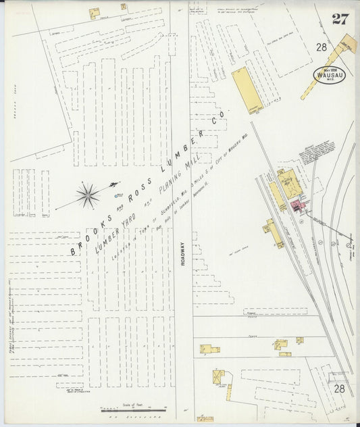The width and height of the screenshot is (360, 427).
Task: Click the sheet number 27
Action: (340, 18)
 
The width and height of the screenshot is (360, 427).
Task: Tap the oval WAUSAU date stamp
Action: (329, 74)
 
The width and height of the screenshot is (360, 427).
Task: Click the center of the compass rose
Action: (87, 195)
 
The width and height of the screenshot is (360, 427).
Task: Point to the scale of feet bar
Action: (134, 409)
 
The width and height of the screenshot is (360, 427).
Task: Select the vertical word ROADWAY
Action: (182, 256)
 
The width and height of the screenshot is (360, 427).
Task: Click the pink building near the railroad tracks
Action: (297, 205)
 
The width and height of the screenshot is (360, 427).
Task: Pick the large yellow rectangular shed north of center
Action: (247, 90)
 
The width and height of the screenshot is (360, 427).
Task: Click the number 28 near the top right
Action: (321, 47)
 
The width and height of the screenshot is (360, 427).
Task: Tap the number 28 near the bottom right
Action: (339, 388)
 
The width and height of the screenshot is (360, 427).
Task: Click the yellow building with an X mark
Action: (218, 376)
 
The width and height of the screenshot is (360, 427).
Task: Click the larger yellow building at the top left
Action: (94, 13)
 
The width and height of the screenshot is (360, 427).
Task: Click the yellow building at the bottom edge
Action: (205, 419)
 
